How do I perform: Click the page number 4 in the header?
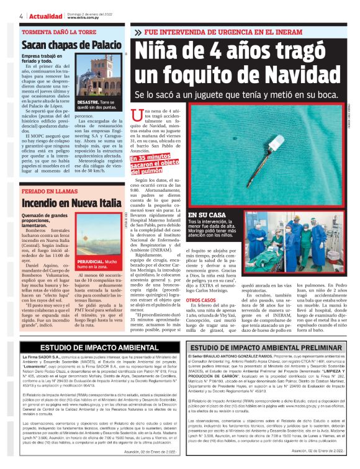pos(22,16)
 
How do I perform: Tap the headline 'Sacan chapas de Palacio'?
pos(71,45)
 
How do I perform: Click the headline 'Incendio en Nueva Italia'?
pos(71,202)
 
